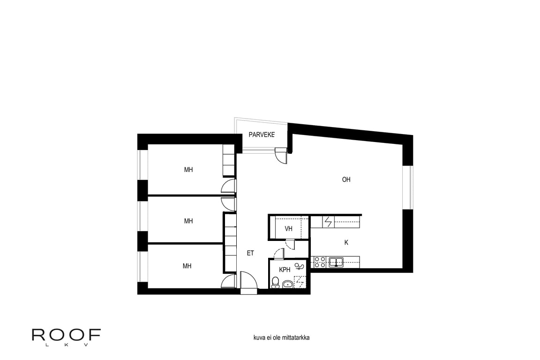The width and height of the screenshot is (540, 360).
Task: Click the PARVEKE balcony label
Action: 262,135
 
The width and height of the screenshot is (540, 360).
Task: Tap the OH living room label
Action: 346,180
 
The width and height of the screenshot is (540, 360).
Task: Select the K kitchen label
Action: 346,242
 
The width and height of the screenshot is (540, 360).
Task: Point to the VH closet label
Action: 289,228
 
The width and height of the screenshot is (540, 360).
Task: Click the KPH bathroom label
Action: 285,270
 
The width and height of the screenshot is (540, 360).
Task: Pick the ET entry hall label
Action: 250,253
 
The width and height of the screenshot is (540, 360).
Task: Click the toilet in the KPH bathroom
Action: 275,282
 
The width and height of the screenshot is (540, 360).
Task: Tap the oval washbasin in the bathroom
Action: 287,284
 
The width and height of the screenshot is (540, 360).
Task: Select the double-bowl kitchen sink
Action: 336,262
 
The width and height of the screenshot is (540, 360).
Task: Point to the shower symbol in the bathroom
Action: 300,282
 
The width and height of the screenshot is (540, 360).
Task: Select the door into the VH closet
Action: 290,245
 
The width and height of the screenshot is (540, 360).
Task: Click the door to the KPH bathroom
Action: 278,254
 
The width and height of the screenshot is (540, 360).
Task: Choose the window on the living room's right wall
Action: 408,187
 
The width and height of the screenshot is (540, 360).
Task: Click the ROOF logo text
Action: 66,335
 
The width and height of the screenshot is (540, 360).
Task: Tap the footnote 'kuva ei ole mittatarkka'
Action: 281,337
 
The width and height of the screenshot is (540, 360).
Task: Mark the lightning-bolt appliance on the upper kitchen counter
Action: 329,222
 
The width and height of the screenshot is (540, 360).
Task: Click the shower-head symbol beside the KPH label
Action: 299,266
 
